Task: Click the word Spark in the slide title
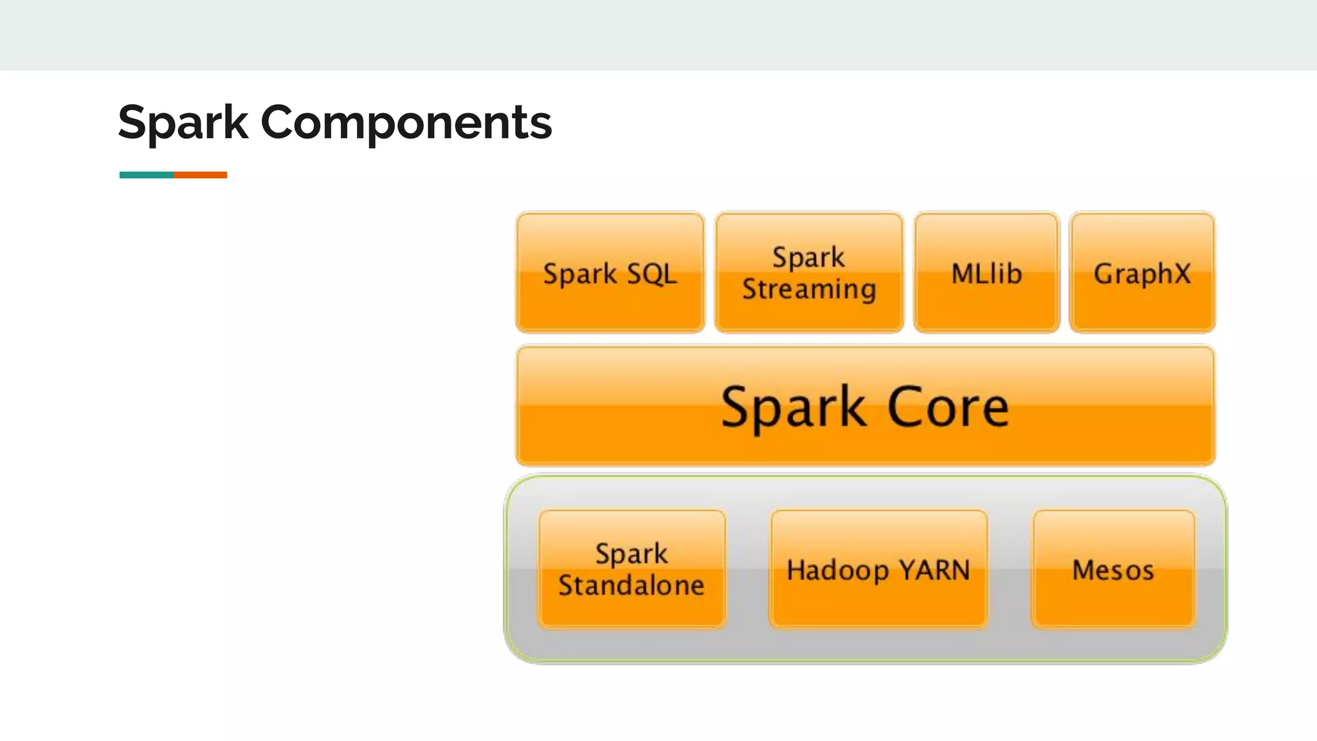(183, 122)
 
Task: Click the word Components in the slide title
(406, 122)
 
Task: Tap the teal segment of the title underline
(146, 175)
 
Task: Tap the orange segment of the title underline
(200, 175)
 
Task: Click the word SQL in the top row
(651, 274)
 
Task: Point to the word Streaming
(809, 289)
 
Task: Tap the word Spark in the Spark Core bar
(793, 407)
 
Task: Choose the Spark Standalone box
(631, 611)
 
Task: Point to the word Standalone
(631, 585)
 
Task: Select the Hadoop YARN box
(878, 605)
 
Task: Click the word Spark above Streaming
(808, 257)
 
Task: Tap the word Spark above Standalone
(631, 554)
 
